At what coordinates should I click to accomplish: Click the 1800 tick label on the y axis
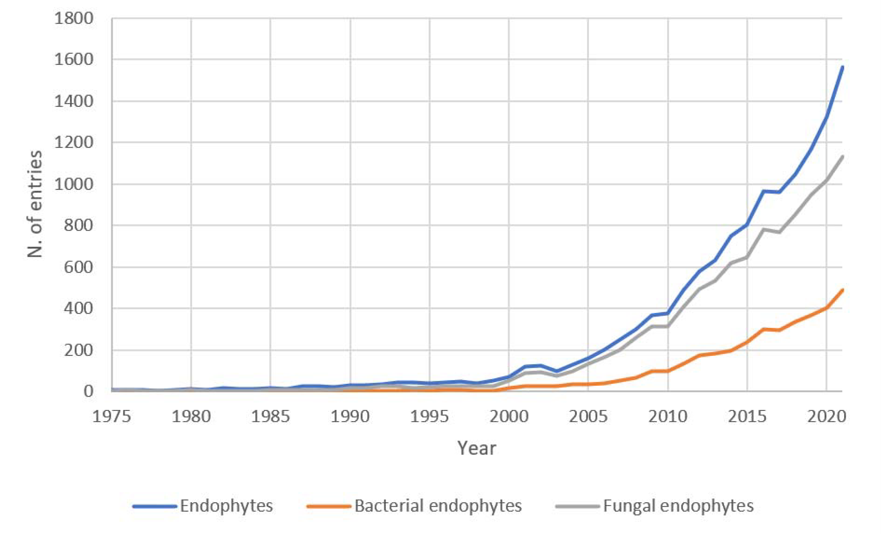pos(73,18)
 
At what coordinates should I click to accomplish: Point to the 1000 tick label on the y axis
pos(73,184)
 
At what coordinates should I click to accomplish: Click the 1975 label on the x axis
pos(111,417)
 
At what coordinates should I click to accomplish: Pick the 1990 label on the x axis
pos(350,417)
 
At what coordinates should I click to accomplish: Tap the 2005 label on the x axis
pos(588,417)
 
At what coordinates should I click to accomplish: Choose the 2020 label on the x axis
pos(826,417)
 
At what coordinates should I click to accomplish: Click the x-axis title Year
pos(477,448)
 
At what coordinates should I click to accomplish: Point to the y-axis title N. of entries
pos(35,204)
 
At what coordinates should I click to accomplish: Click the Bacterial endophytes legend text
pos(438,506)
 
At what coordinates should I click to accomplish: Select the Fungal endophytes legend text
pos(678,506)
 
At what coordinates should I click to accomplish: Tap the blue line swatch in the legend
pos(155,506)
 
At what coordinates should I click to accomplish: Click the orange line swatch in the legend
pos(329,506)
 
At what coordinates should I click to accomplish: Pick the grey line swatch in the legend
pos(577,506)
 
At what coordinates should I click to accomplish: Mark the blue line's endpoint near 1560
pos(842,67)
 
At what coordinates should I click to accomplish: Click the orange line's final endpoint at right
pos(842,290)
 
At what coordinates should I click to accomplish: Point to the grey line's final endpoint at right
pos(842,156)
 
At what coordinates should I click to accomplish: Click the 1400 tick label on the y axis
pos(73,101)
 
